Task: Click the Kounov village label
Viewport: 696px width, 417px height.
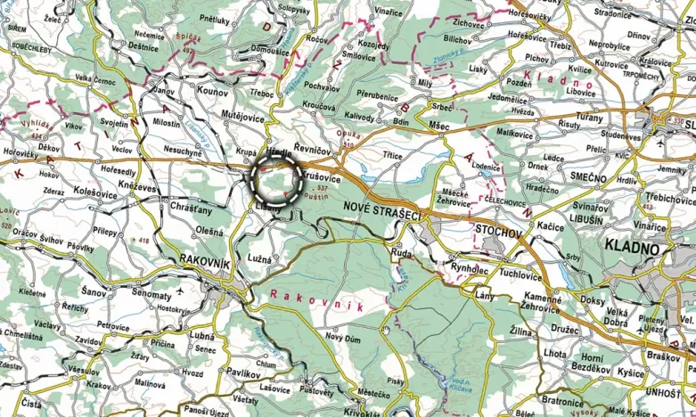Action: point(211,91)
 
